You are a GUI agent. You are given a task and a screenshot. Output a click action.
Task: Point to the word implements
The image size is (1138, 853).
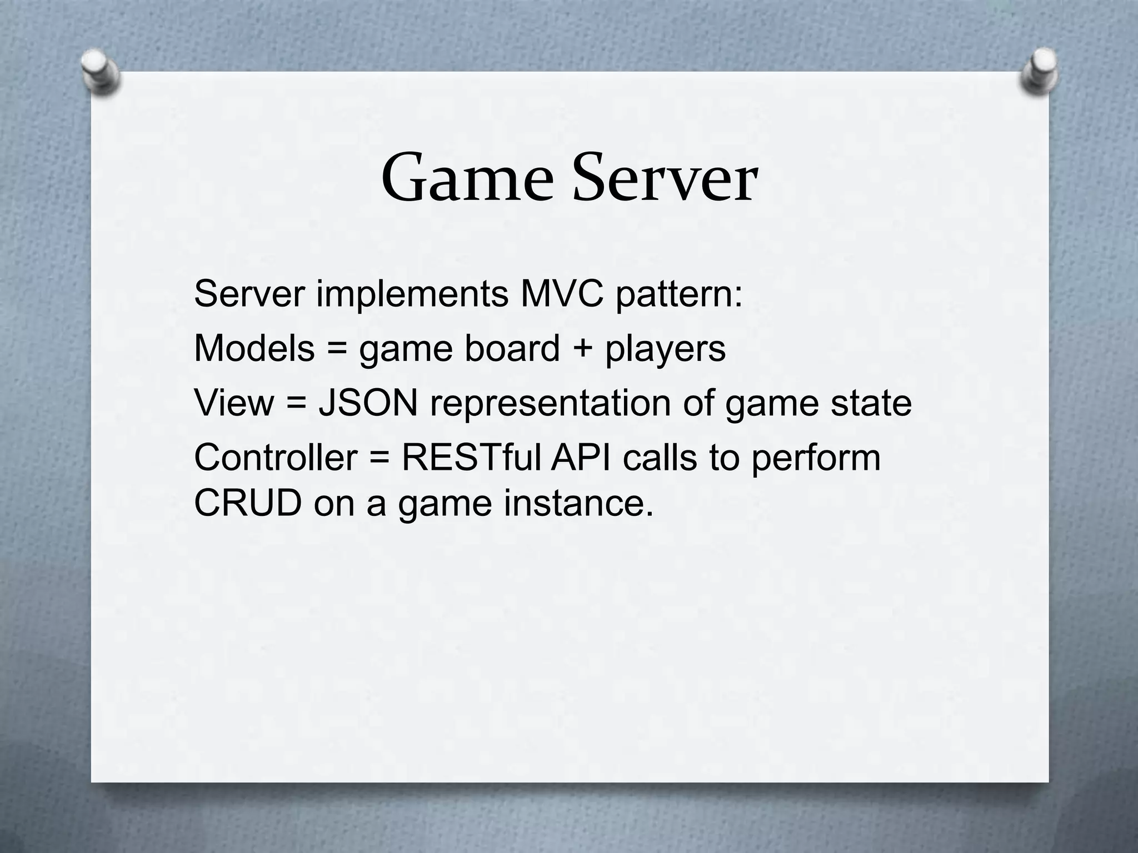pos(412,294)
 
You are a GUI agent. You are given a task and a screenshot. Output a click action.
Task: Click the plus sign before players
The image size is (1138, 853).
pos(582,349)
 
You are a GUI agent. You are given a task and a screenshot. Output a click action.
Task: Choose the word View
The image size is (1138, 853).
pos(234,403)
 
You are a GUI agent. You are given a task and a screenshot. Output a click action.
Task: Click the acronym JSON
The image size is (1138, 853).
pos(368,403)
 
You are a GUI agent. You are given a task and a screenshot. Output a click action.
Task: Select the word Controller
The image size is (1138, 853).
pos(276,458)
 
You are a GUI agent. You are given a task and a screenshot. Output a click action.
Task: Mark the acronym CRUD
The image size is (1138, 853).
pos(248,503)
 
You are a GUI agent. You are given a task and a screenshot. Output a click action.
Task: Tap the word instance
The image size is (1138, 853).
pos(578,503)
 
